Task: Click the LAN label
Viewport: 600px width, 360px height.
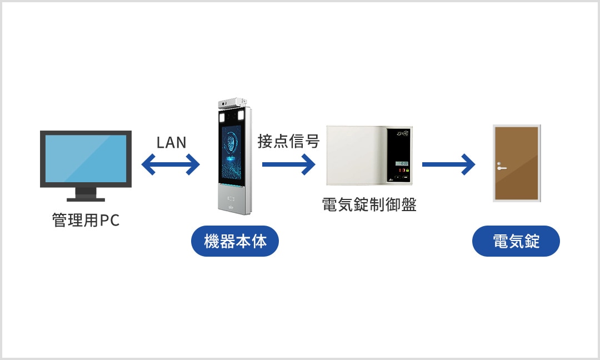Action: [x=171, y=142]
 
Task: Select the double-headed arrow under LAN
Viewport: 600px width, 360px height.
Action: [x=171, y=164]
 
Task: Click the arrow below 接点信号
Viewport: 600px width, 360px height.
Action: [x=288, y=164]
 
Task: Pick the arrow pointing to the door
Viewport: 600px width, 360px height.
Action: [x=448, y=164]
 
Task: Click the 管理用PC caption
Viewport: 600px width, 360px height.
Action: [x=86, y=221]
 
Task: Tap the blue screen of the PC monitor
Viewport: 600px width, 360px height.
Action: [x=86, y=158]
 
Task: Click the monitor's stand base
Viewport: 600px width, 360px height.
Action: [x=86, y=198]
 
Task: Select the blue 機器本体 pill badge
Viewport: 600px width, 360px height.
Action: [x=234, y=242]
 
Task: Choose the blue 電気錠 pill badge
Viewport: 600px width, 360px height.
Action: [x=516, y=242]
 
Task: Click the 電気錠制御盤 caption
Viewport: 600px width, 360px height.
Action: [x=369, y=204]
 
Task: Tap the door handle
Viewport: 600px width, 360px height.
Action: [x=502, y=167]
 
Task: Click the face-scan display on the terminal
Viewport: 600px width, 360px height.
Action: [x=231, y=151]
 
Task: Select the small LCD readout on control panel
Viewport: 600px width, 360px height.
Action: [x=401, y=164]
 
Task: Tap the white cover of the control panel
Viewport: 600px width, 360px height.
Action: [x=356, y=156]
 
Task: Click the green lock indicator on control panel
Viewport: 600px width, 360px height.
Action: [x=407, y=171]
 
